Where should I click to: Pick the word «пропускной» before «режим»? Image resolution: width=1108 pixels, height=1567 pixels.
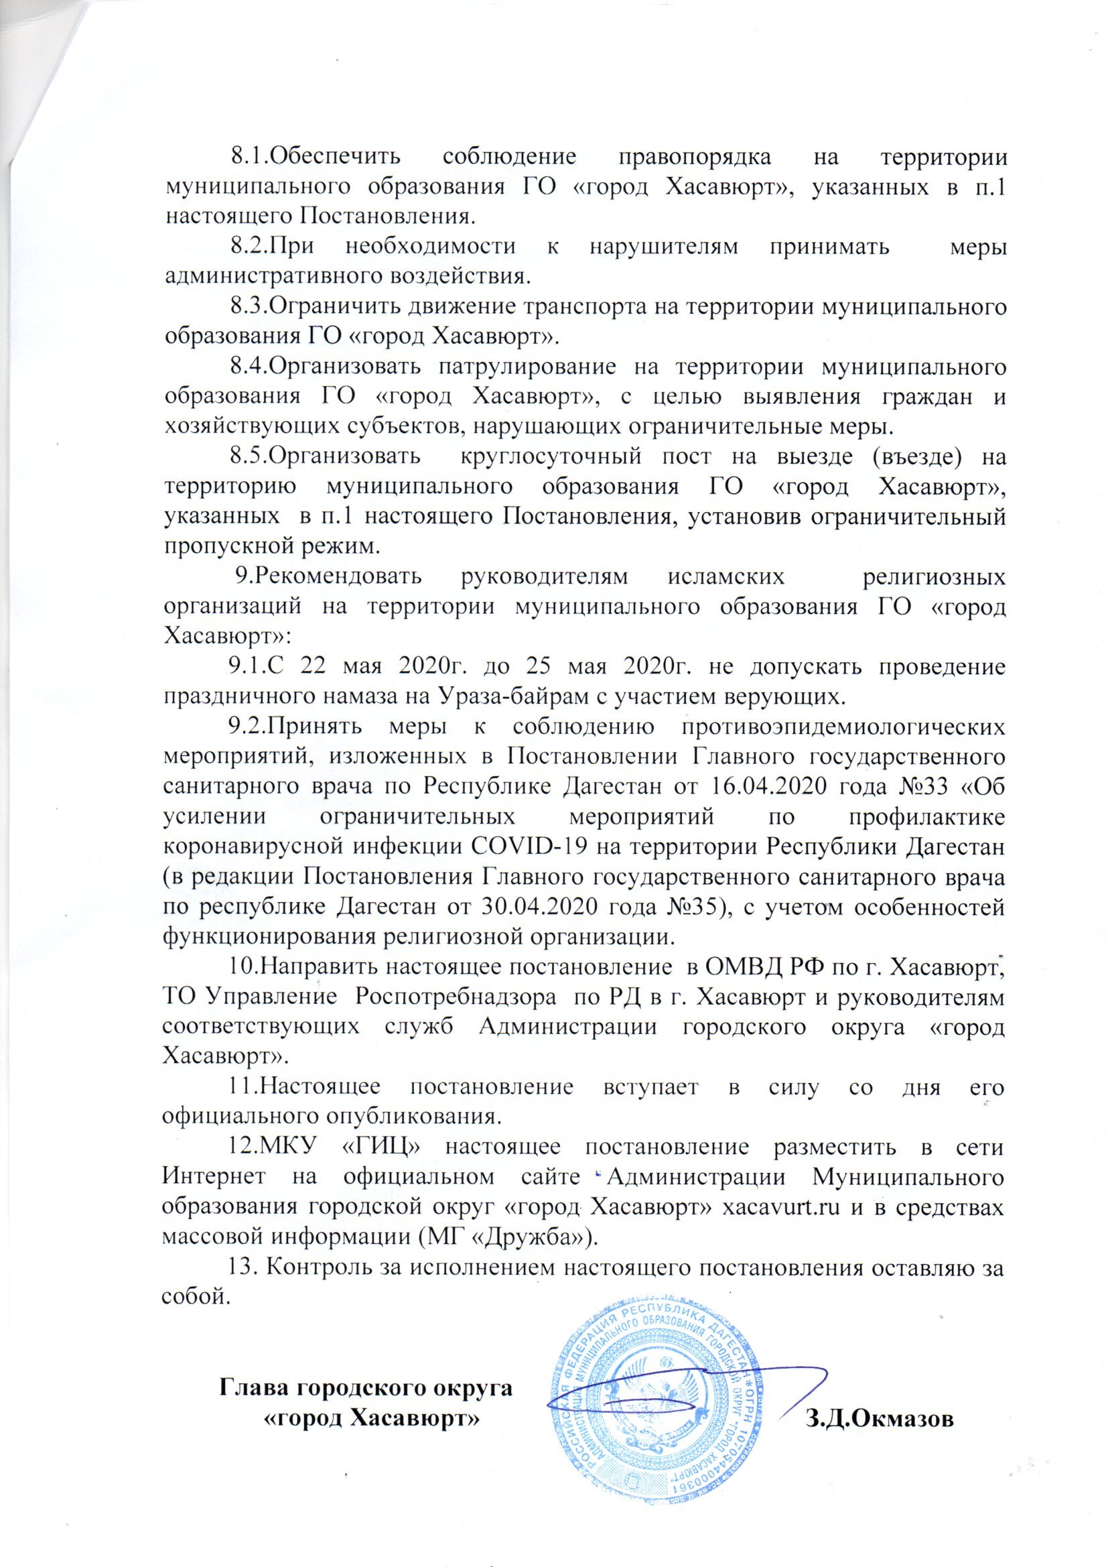point(228,547)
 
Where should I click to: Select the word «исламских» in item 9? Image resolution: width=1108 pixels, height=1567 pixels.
point(723,577)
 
